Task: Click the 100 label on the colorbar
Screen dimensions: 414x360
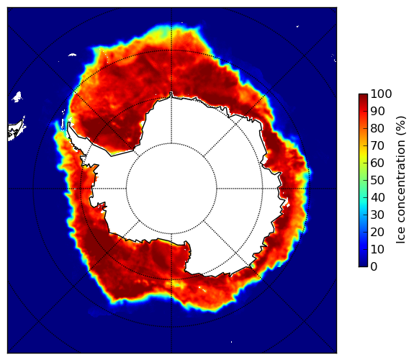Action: pos(382,94)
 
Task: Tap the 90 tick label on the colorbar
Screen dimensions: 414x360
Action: pos(377,111)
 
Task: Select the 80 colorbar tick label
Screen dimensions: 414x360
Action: pos(377,128)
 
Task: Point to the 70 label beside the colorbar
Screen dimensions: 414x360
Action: pos(377,145)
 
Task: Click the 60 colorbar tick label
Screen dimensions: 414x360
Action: pos(377,163)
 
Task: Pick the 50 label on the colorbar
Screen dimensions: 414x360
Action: pos(377,180)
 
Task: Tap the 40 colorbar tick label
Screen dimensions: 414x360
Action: pos(377,197)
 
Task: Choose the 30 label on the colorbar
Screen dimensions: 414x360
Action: pos(377,215)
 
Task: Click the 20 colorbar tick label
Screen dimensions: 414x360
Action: pos(377,232)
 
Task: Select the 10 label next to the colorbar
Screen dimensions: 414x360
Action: pos(377,249)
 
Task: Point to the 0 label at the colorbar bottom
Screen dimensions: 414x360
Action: pos(374,267)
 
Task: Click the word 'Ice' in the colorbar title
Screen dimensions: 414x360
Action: pos(401,236)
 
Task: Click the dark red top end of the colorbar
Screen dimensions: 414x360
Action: pos(363,95)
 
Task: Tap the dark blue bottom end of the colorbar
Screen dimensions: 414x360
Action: pos(363,265)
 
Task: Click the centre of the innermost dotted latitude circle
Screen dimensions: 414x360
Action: pos(171,189)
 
